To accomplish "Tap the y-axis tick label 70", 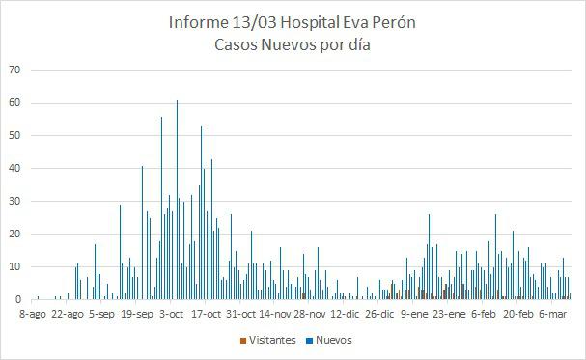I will [x=14, y=70].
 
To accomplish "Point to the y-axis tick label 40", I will [x=14, y=169].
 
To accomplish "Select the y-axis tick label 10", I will [x=14, y=266].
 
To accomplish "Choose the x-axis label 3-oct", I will [x=172, y=314].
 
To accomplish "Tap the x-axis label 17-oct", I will [x=207, y=314].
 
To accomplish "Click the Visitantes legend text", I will [x=272, y=340].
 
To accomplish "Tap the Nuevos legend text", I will [x=333, y=340].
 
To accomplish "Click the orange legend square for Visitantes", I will [x=242, y=341].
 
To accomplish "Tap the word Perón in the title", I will [x=394, y=22].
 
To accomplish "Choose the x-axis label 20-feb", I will [x=518, y=314].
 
